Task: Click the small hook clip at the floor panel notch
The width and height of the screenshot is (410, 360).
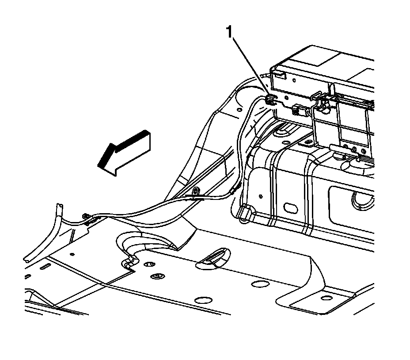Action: pyautogui.click(x=129, y=263)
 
